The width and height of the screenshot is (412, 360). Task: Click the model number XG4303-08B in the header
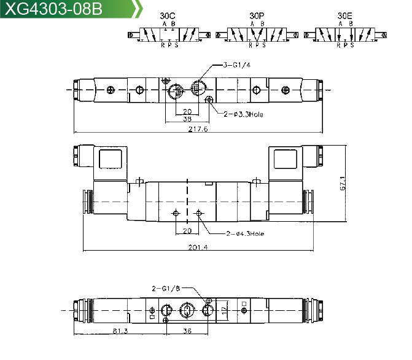pyautogui.click(x=53, y=9)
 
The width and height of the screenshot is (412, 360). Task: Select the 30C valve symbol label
pyautogui.click(x=168, y=16)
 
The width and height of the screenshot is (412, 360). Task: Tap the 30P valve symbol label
pyautogui.click(x=257, y=16)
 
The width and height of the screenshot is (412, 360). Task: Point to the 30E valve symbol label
pyautogui.click(x=344, y=16)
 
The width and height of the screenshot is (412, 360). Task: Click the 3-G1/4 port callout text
pyautogui.click(x=237, y=65)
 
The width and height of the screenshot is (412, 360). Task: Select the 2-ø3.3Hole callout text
pyautogui.click(x=243, y=114)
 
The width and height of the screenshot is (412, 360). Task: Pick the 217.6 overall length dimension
pyautogui.click(x=198, y=129)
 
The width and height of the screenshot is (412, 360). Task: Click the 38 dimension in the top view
pyautogui.click(x=187, y=119)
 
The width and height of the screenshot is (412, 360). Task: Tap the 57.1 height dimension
pyautogui.click(x=343, y=183)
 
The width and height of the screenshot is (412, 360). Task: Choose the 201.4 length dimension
pyautogui.click(x=198, y=247)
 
